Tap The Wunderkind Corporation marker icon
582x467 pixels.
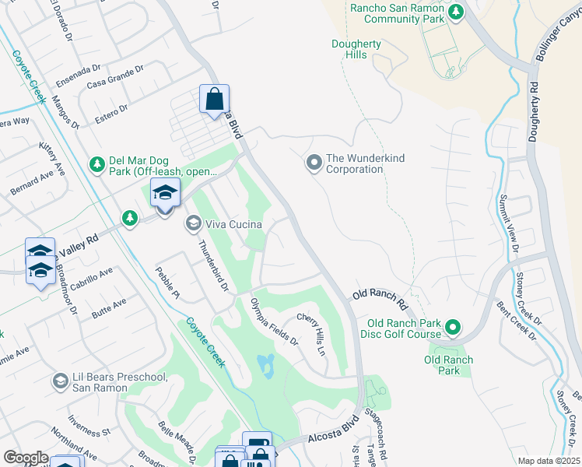coord(314,163)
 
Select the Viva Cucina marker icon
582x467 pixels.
coord(192,224)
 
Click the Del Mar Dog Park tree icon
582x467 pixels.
coord(96,164)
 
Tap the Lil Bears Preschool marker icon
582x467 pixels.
coord(60,381)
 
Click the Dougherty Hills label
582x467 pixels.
coord(356,50)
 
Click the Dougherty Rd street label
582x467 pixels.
coord(534,111)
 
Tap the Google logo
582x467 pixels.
coord(26,458)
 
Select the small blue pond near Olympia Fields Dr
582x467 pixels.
coord(267,364)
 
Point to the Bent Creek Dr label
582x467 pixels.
coord(517,321)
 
